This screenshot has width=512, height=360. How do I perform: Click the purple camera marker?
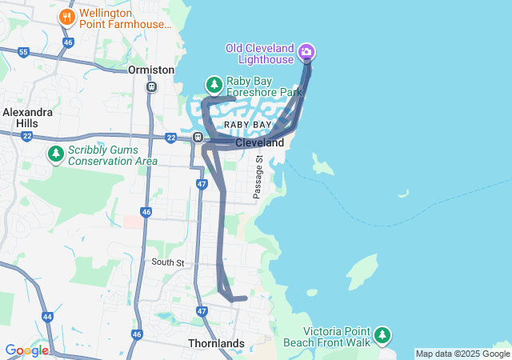[x=306, y=54]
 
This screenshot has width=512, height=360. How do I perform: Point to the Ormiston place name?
[x=151, y=70]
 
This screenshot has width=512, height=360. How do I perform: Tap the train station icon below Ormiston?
[x=151, y=86]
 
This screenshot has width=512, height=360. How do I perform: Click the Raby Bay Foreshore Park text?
[x=265, y=86]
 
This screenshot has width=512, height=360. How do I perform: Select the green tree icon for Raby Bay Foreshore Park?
[x=214, y=84]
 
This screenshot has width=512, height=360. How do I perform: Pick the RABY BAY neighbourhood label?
[x=247, y=126]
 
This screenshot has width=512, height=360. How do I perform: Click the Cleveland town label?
[x=259, y=142]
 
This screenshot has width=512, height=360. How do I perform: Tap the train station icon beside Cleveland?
[x=198, y=138]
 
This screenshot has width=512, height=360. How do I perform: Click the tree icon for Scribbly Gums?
[x=55, y=153]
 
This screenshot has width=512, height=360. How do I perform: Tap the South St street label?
[x=169, y=262]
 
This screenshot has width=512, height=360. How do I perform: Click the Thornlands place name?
[x=216, y=343]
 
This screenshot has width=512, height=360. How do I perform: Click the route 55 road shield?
[x=23, y=53]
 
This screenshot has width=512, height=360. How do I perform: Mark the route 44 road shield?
[x=47, y=318]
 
